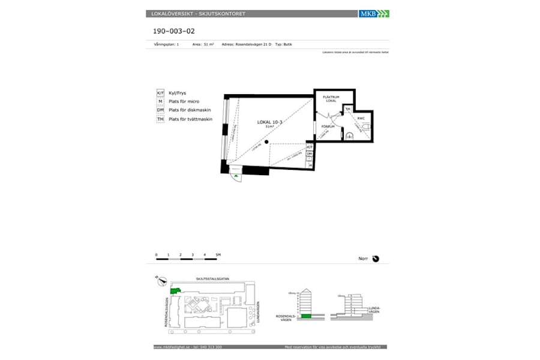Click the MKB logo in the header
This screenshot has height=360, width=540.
[x=373, y=13]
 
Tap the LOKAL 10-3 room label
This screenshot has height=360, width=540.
[x=269, y=122]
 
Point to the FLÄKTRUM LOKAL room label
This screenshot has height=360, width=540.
[x=331, y=98]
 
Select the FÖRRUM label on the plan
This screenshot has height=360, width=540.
[x=328, y=127]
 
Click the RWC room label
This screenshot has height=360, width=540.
[x=361, y=118]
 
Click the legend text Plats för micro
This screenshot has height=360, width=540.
[x=184, y=102]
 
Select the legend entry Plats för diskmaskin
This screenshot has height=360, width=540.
[x=189, y=110]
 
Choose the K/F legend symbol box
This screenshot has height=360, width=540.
[x=160, y=94]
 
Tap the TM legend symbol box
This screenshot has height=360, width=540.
[x=160, y=119]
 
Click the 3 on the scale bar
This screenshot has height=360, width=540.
[x=193, y=255]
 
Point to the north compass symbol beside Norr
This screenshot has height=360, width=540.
[x=376, y=259]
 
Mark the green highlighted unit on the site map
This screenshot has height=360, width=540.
[x=175, y=291]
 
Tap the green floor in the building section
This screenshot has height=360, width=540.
[x=306, y=316]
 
